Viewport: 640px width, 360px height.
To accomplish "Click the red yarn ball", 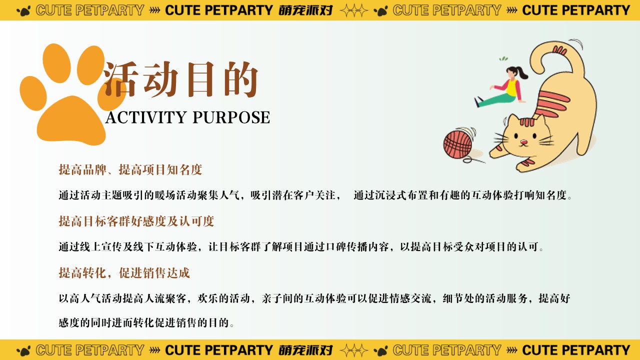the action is point(457,144).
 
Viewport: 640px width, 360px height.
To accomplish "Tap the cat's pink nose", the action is point(523,141).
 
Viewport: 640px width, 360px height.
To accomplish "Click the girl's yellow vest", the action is point(511,87).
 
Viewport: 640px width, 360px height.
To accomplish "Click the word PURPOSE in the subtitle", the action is point(231,117).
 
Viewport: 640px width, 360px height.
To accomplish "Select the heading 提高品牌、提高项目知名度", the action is point(130,169).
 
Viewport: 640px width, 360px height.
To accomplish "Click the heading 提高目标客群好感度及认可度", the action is point(136,221).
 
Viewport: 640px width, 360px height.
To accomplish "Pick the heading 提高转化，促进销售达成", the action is point(124,273).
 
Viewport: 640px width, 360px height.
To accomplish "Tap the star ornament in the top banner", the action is point(353,10).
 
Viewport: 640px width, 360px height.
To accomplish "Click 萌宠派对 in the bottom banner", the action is point(305,350).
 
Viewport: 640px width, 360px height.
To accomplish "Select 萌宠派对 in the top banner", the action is point(305,10).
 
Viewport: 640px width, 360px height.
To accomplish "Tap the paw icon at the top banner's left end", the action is point(23,11).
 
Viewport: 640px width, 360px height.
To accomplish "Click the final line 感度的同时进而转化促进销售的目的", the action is point(146,323).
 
